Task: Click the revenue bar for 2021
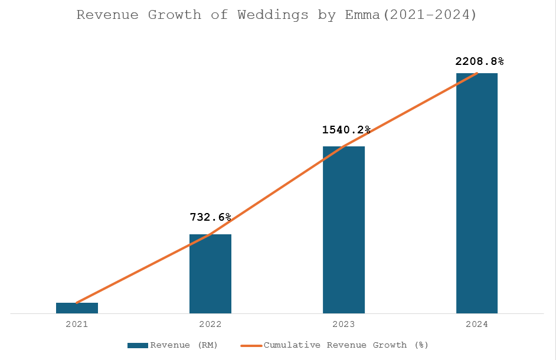pos(77,308)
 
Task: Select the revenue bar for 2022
pos(210,274)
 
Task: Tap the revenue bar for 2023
pos(344,230)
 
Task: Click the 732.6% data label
pos(210,217)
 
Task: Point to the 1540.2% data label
pos(346,129)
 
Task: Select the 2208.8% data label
pos(479,61)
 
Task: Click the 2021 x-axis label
pos(77,324)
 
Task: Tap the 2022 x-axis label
pos(210,324)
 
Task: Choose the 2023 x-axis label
pos(344,324)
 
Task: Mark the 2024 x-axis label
pos(477,324)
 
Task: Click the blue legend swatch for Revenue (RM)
pos(138,345)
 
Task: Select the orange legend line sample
pos(251,345)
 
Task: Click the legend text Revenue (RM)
pos(184,345)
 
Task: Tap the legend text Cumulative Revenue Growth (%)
pos(346,345)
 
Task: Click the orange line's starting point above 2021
pos(77,303)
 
